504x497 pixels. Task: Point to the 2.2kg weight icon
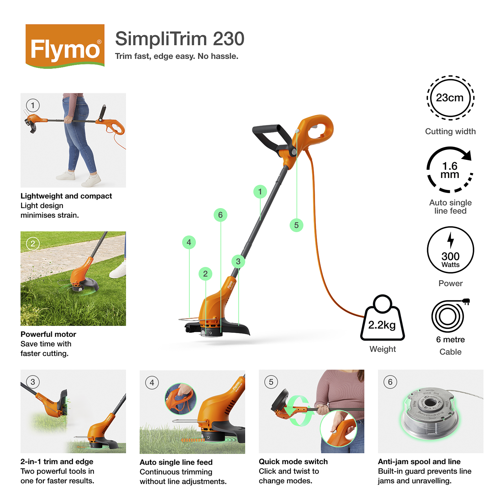point(382,319)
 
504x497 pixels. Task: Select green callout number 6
point(220,215)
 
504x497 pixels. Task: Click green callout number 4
point(189,242)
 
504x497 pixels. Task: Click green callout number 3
point(238,261)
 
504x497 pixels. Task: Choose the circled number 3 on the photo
point(33,382)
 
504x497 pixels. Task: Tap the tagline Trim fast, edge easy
point(177,56)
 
